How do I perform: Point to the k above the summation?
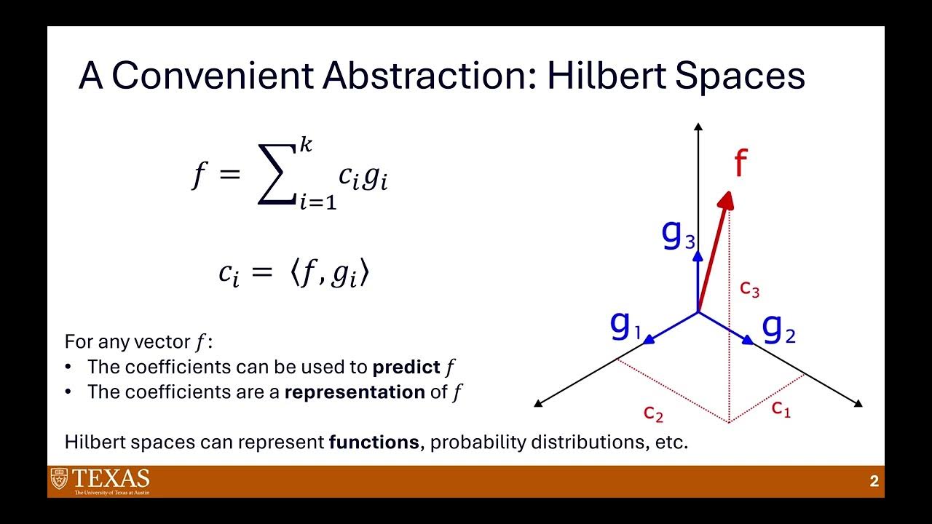coord(306,146)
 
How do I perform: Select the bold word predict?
coord(406,367)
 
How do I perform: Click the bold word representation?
coord(354,392)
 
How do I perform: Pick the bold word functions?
coord(374,442)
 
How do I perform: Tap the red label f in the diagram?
coord(741,164)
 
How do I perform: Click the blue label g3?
coord(678,234)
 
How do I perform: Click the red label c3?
coord(749,289)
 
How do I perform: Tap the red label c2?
coord(653,413)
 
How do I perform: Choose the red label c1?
coord(781,408)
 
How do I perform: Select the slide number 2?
coord(874,481)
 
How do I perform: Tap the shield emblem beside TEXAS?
coord(58,479)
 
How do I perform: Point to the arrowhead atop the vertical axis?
coord(698,127)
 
